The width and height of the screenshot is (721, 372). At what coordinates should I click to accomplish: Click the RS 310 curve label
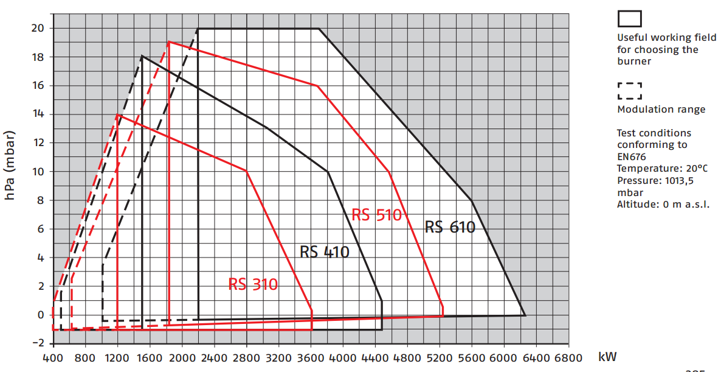pos(253,284)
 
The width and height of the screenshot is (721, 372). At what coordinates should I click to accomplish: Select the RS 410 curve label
pos(325,251)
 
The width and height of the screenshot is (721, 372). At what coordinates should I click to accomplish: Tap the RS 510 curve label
pos(377,215)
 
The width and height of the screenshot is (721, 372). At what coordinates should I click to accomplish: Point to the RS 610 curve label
pos(450,227)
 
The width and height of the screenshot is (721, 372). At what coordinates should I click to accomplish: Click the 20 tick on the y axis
pos(38,29)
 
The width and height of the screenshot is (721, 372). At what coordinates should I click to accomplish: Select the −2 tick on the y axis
pos(38,343)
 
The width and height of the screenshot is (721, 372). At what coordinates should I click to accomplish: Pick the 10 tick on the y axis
pos(38,172)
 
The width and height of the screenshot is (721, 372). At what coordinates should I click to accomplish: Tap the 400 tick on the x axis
pos(53,358)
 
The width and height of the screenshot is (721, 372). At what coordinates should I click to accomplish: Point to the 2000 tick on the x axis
pos(182,358)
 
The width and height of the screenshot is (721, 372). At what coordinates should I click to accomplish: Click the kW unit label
pos(607,357)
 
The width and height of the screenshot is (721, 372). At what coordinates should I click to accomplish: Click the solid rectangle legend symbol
pos(630,19)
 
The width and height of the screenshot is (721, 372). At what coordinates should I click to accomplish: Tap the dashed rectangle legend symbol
pos(630,91)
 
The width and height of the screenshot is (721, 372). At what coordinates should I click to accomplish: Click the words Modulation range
pos(661,110)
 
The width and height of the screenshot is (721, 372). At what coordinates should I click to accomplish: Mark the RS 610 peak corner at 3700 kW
pos(319,29)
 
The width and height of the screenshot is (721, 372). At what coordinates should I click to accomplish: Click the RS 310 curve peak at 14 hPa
pos(117,114)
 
